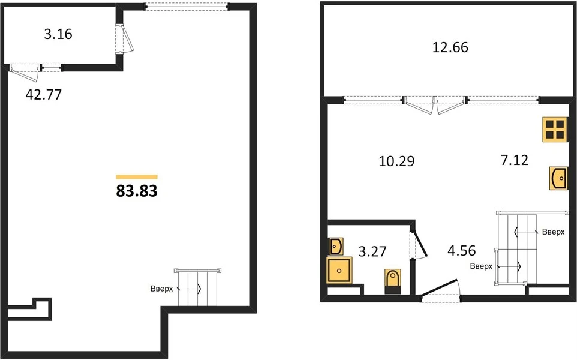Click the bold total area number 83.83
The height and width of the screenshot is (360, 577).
point(137,191)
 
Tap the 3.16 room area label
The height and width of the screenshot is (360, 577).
point(58,34)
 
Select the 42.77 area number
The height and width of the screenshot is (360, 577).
point(43,95)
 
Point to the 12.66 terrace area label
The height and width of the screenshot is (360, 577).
point(450,47)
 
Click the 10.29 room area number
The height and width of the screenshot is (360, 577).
point(396,161)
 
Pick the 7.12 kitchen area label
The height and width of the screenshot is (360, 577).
point(515,160)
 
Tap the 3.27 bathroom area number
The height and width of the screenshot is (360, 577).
point(372,251)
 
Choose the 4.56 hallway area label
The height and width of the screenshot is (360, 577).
point(461,250)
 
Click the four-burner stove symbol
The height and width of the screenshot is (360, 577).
point(555,130)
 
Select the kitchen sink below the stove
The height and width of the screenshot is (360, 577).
point(558,178)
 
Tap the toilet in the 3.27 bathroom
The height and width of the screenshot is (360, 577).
point(393,281)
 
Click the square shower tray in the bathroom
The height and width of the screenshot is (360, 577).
point(339,270)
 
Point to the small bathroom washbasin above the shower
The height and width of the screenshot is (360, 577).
point(336,246)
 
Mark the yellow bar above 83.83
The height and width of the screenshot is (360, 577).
point(137,176)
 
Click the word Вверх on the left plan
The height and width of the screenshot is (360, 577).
point(161,289)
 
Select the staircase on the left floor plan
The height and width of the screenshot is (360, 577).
point(197,287)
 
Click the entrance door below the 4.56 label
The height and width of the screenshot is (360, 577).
point(440,292)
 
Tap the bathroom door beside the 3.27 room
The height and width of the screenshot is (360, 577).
point(417,244)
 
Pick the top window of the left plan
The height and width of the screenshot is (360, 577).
point(187,6)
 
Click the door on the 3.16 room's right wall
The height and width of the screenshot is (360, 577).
point(124,38)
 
